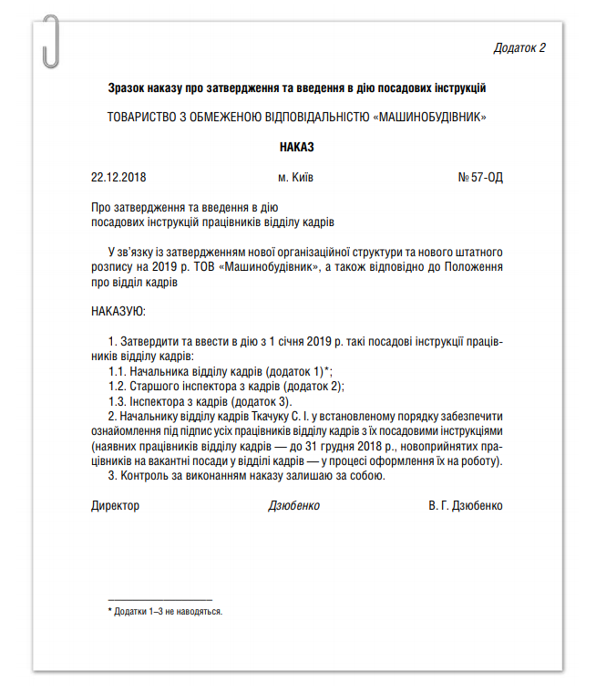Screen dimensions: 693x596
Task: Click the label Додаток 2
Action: [519, 47]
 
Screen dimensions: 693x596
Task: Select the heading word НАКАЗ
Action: [297, 146]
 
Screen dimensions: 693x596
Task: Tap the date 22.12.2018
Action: [119, 177]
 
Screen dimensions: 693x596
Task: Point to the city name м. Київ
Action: [296, 177]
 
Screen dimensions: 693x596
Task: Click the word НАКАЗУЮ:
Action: [118, 312]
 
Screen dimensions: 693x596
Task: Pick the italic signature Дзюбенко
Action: [294, 505]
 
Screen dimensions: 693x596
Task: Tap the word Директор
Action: [116, 505]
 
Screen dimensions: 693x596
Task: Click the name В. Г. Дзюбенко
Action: [465, 505]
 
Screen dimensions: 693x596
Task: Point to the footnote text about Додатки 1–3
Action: [168, 611]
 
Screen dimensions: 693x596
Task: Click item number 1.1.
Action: [117, 371]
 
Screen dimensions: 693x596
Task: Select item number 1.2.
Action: [117, 386]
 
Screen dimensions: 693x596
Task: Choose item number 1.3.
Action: [117, 400]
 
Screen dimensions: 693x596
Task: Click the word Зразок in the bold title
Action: [127, 88]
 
